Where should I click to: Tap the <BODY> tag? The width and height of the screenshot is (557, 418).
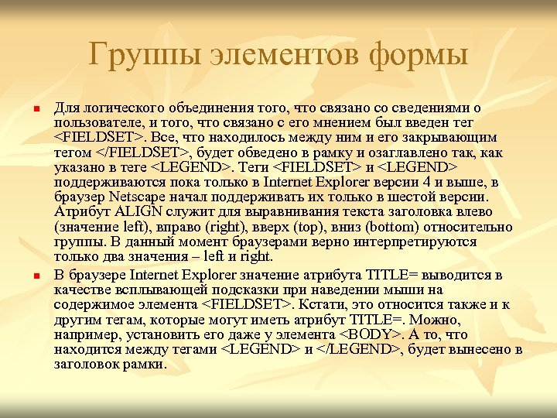[x=371, y=335]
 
